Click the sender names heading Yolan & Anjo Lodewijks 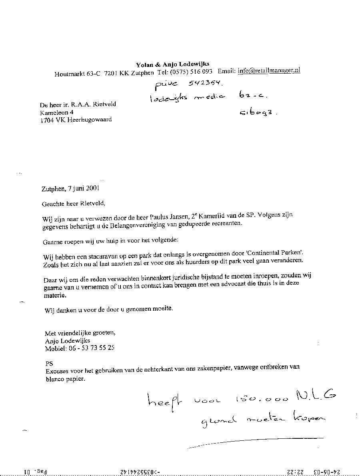172,64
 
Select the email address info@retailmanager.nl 269,70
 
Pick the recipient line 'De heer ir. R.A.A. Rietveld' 78,105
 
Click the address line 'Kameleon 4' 56,112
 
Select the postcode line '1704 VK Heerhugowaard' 76,120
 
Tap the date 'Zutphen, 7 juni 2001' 70,189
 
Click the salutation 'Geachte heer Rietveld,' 73,203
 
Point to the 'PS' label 50,364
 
